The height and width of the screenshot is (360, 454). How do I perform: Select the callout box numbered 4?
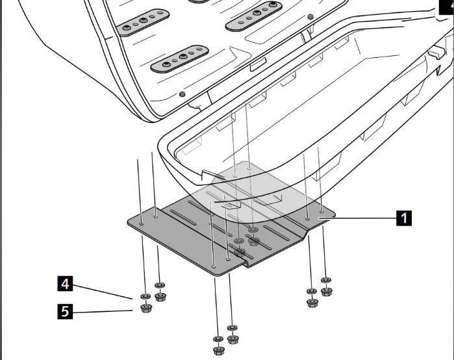[64, 284]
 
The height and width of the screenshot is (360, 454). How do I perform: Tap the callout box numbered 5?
[64, 312]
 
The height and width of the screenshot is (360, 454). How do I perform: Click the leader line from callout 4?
[104, 290]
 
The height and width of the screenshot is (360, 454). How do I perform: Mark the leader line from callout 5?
[104, 313]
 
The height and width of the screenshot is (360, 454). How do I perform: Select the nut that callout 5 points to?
[145, 308]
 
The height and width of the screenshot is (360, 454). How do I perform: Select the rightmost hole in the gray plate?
[322, 210]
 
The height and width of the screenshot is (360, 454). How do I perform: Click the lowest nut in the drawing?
[218, 351]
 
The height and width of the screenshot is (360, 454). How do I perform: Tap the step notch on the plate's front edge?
[245, 264]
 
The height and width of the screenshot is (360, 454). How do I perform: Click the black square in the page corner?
[448, 4]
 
